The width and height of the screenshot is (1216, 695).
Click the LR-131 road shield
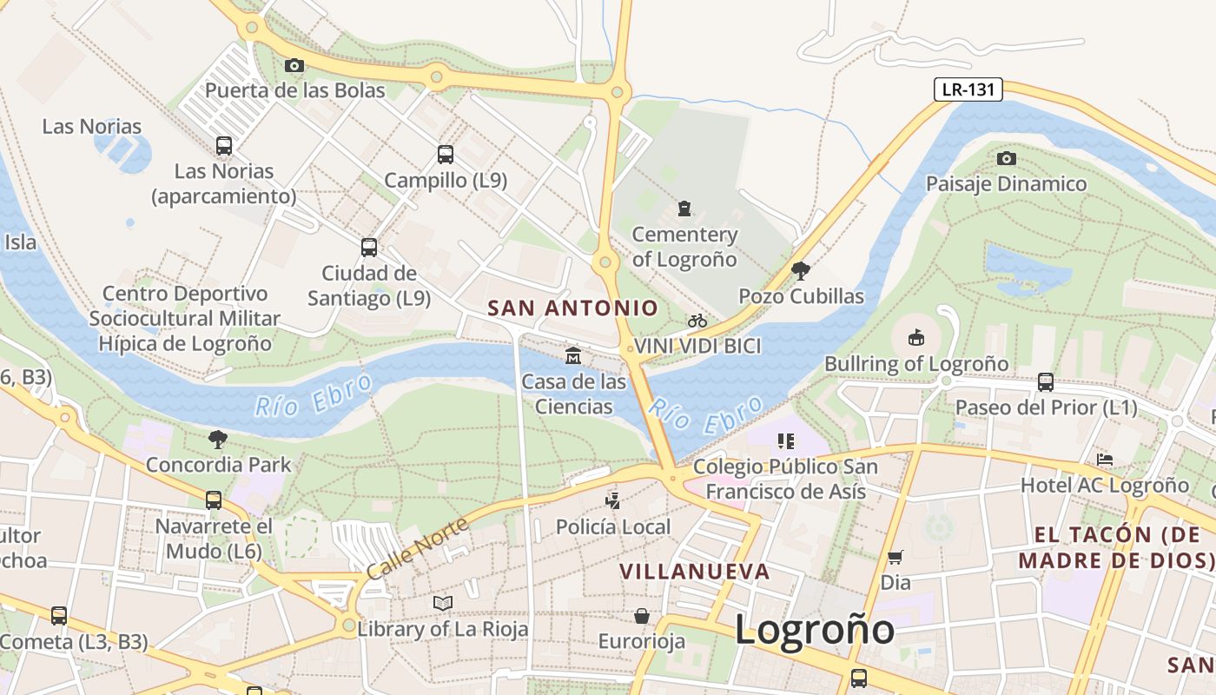(968, 89)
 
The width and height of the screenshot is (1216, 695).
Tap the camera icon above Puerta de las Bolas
(294, 65)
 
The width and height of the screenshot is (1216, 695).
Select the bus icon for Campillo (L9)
(446, 155)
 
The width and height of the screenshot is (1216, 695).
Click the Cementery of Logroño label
(684, 247)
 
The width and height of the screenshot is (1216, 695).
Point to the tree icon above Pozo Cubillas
(801, 271)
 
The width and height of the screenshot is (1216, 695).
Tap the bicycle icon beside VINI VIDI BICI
(697, 321)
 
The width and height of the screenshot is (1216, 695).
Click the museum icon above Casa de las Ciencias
(573, 355)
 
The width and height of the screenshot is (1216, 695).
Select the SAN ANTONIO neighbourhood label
(573, 308)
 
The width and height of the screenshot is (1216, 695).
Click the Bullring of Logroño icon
(915, 337)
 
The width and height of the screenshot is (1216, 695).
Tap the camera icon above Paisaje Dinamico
(1007, 158)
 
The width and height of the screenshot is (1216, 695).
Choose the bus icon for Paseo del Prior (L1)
(1046, 381)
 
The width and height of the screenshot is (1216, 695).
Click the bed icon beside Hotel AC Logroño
(1105, 459)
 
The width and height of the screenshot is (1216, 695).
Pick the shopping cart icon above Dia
(895, 557)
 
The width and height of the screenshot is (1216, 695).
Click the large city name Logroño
(815, 628)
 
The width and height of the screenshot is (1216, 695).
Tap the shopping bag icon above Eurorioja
(642, 616)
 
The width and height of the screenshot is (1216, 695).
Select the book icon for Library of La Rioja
(443, 603)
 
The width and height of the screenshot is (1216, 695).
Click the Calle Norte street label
(418, 548)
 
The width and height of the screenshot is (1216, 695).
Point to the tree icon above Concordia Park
(218, 439)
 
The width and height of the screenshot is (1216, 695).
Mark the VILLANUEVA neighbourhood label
(695, 571)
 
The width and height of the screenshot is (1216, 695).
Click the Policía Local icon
(613, 500)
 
